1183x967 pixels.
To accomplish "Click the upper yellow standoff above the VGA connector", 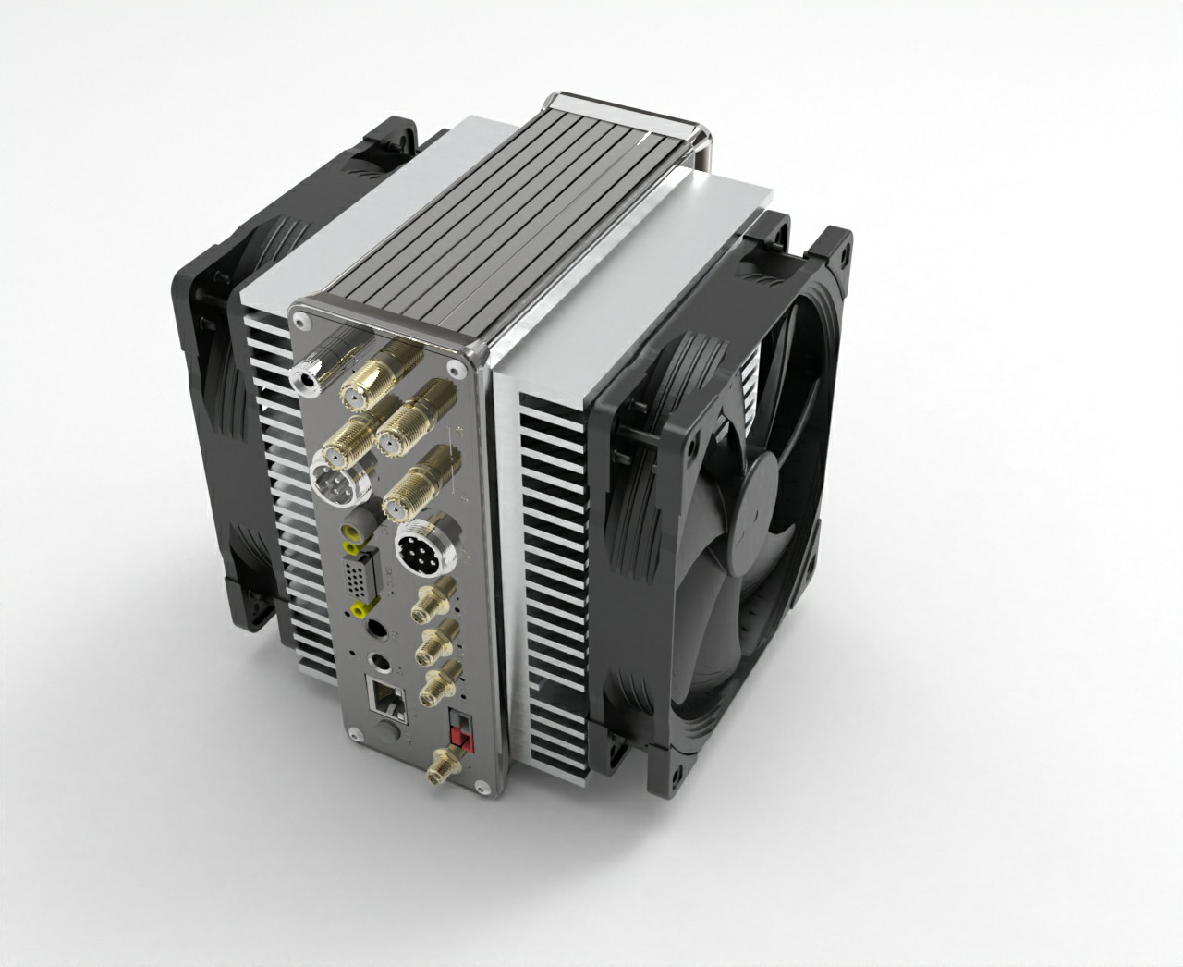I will coord(351,533).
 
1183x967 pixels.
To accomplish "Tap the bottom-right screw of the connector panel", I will coord(482,787).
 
